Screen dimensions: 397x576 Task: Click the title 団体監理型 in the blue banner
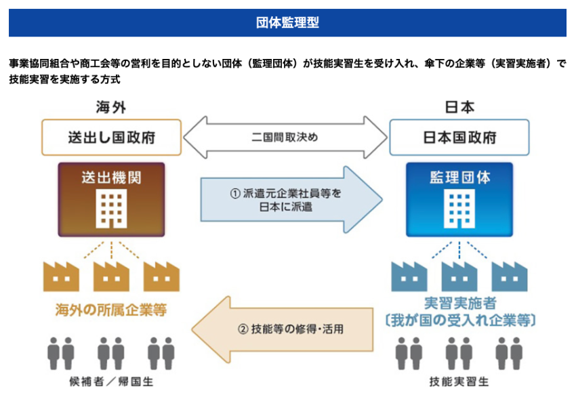tap(287, 22)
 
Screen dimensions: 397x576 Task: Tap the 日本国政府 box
tap(459, 138)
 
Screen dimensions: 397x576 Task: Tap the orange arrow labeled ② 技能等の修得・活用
tap(285, 330)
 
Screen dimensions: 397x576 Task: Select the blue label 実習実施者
tap(459, 302)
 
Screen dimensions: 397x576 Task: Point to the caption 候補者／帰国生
tap(111, 382)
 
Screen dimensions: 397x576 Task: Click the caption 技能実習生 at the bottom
tap(459, 382)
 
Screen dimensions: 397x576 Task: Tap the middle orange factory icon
tap(111, 275)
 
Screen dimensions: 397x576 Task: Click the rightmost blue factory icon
tap(509, 275)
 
